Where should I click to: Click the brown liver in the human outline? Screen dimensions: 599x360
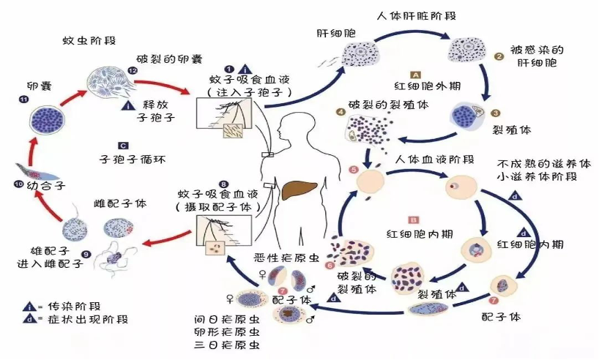[x=299, y=190]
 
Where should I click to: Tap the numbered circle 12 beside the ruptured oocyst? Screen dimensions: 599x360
[x=133, y=71]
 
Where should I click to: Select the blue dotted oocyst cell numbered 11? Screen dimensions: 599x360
[x=47, y=120]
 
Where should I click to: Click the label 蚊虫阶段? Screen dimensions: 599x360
[x=89, y=40]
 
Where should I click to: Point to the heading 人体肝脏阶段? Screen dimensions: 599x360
[x=417, y=15]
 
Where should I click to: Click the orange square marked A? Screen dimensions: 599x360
[x=415, y=75]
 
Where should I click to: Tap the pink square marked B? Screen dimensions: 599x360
[x=414, y=220]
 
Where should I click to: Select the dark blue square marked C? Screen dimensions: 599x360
[x=124, y=146]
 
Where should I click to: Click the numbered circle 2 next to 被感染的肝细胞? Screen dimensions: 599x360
[x=499, y=56]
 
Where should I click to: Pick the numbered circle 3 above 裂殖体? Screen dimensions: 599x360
[x=496, y=113]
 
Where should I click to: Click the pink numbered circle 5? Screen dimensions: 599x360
[x=354, y=170]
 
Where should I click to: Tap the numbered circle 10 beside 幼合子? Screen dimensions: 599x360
[x=18, y=184]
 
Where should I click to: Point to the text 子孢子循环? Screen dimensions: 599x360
[x=133, y=159]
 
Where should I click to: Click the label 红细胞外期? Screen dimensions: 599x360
[x=428, y=86]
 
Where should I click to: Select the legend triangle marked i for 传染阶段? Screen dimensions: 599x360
[x=29, y=307]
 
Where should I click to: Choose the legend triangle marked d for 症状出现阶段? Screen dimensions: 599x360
[x=29, y=319]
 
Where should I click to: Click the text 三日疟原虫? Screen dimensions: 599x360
[x=227, y=345]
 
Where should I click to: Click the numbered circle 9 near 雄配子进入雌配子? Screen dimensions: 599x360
[x=86, y=254]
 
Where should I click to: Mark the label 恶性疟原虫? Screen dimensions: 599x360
[x=286, y=258]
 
